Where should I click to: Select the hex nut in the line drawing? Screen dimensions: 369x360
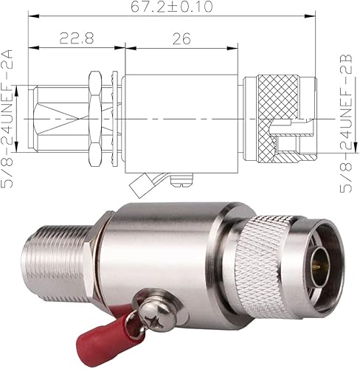point(96,119)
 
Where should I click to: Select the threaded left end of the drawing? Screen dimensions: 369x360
point(55,119)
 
